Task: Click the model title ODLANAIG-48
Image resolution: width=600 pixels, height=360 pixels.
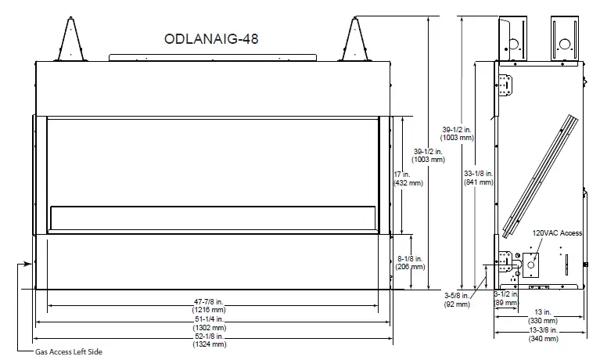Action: [x=210, y=39]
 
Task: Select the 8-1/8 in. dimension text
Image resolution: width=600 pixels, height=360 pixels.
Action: [x=410, y=257]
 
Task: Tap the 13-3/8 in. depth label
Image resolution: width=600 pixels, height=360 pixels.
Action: [x=543, y=331]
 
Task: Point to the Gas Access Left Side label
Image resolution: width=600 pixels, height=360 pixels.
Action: [x=69, y=352]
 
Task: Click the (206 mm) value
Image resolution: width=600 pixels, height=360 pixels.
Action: [x=410, y=267]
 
